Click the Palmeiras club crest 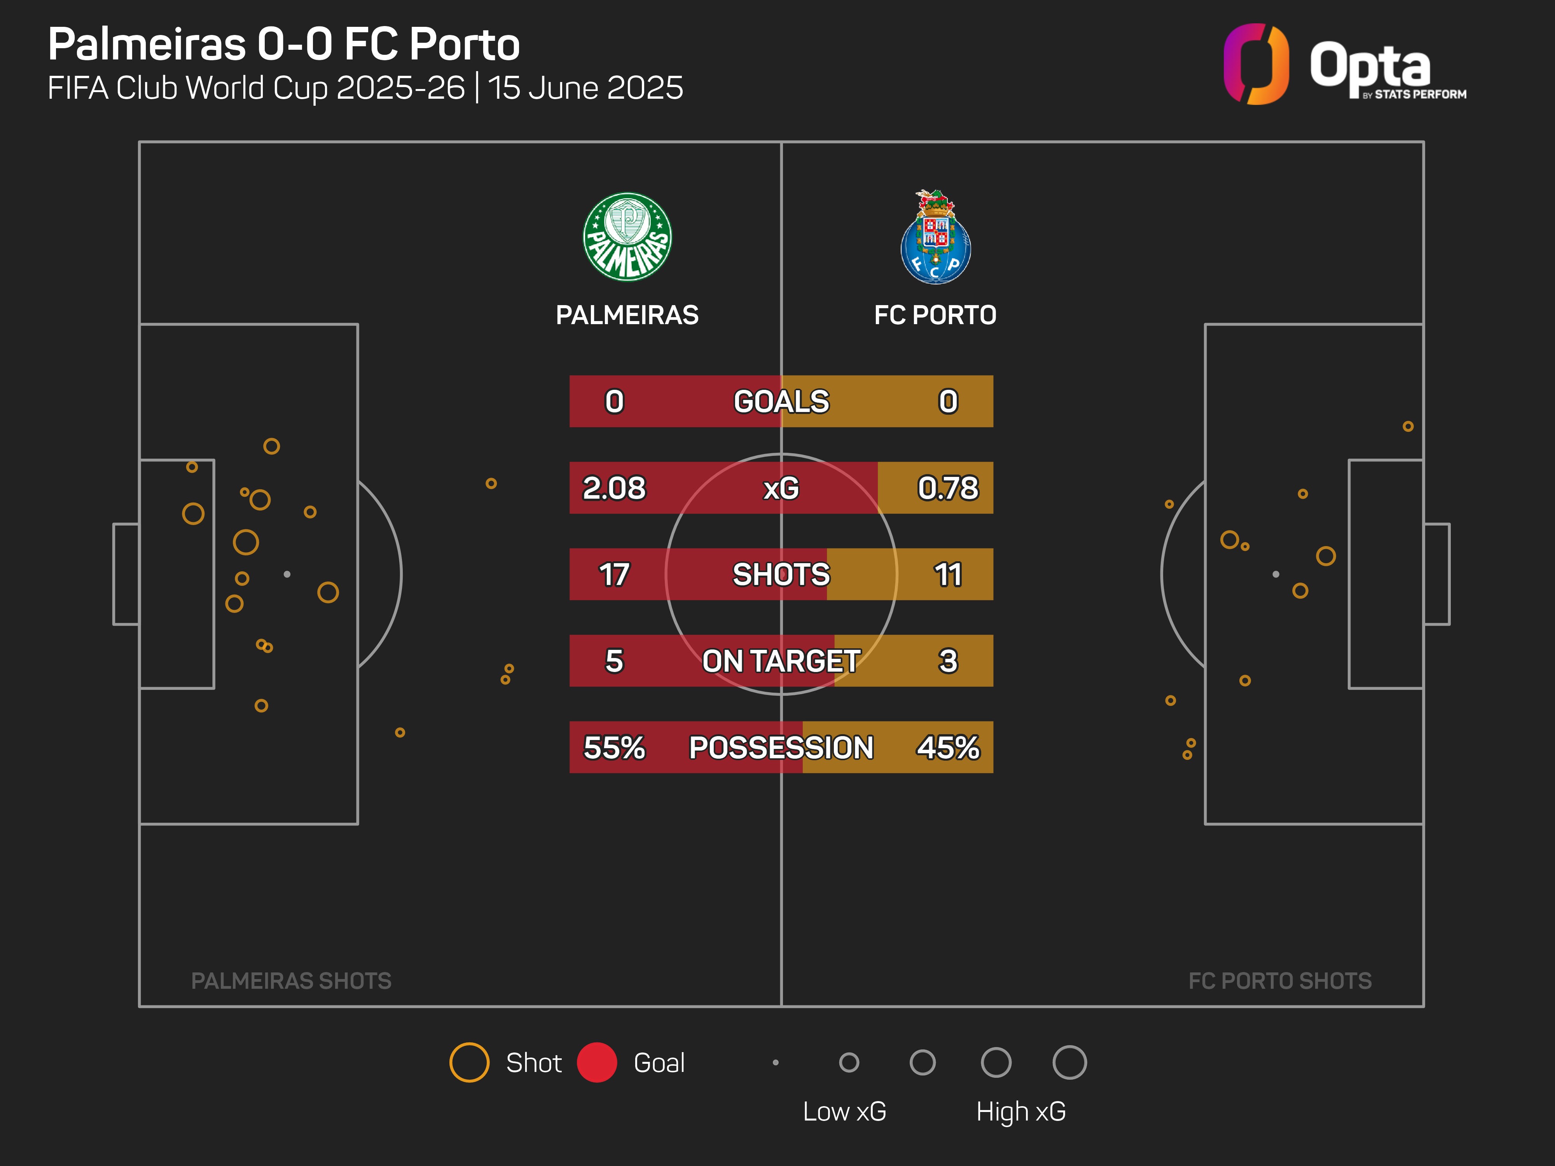coord(627,237)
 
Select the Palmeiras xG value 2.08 coord(614,488)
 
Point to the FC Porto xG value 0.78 coord(948,488)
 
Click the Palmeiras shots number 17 coord(614,574)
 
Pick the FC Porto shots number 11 coord(948,574)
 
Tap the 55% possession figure coord(614,747)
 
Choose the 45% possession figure coord(948,747)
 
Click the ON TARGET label coord(781,661)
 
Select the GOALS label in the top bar coord(781,401)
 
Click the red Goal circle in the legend coord(597,1062)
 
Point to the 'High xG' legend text coord(1021,1111)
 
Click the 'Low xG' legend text coord(844,1111)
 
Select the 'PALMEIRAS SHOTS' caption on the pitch coord(291,981)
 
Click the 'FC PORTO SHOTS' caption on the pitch coord(1279,981)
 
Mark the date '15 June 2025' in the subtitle coord(585,88)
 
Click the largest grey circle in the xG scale coord(1069,1062)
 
